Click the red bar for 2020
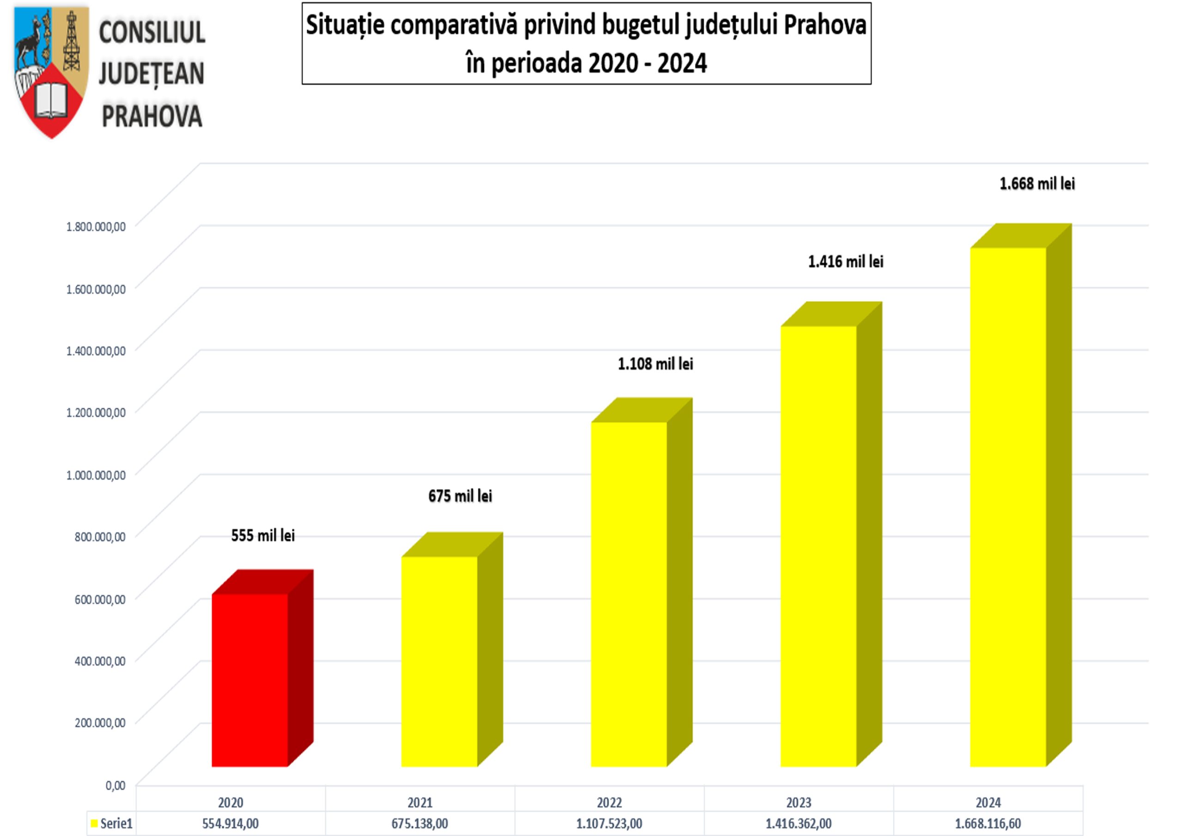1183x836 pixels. pos(250,680)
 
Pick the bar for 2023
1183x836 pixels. pos(818,546)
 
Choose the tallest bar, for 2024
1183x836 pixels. pos(1008,507)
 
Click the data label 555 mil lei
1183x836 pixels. pos(263,536)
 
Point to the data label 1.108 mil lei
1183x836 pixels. pos(655,364)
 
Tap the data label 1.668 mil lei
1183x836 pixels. pos(1037,184)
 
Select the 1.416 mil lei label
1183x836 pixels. pos(846,262)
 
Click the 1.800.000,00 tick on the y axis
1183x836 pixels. pos(96,227)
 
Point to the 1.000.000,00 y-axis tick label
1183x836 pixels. pos(96,475)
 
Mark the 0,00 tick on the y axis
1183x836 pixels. pos(116,786)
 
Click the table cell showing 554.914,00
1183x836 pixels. pos(230,824)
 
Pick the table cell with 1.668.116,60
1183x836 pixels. pos(988,824)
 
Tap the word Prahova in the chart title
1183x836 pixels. pos(825,25)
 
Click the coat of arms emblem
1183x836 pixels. pos(51,72)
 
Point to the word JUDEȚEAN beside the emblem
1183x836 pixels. pos(152,73)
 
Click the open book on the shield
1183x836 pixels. pos(51,100)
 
